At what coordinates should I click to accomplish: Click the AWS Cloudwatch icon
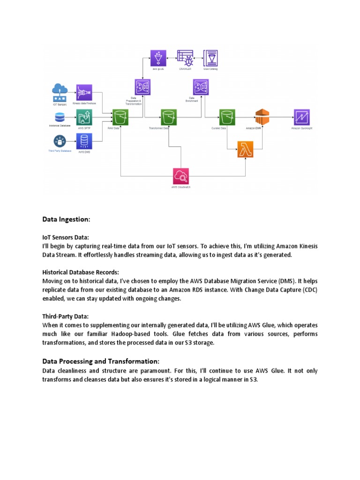pyautogui.click(x=180, y=176)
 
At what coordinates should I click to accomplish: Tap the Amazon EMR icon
pyautogui.click(x=262, y=117)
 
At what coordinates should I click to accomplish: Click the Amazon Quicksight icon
pyautogui.click(x=301, y=117)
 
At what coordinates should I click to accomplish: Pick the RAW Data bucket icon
pyautogui.click(x=120, y=117)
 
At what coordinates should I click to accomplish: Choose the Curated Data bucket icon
pyautogui.click(x=226, y=117)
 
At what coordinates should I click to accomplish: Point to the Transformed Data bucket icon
pyautogui.click(x=168, y=117)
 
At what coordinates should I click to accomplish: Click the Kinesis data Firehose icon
pyautogui.click(x=84, y=92)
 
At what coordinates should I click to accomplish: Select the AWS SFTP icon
pyautogui.click(x=84, y=117)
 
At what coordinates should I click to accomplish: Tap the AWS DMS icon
pyautogui.click(x=84, y=141)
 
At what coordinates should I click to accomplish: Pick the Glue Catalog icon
pyautogui.click(x=210, y=58)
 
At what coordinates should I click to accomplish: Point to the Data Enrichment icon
pyautogui.click(x=201, y=87)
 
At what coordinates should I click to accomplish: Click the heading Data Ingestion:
pyautogui.click(x=66, y=219)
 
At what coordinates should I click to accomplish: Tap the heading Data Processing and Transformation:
pyautogui.click(x=101, y=361)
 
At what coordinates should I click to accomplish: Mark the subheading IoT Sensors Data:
pyautogui.click(x=65, y=238)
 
